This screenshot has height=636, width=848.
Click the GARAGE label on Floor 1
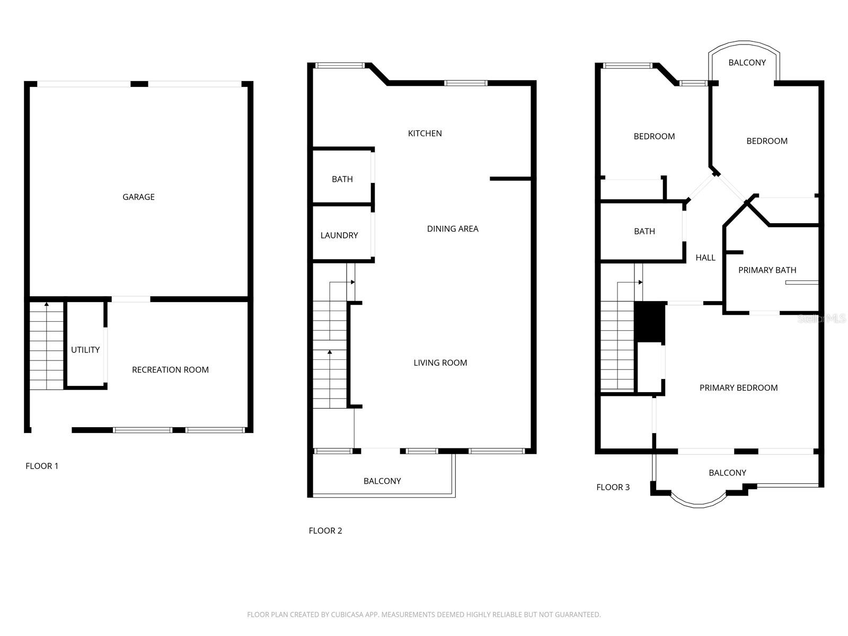click(x=138, y=197)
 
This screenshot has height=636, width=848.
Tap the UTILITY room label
click(x=85, y=350)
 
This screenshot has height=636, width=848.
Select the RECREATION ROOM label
click(x=170, y=370)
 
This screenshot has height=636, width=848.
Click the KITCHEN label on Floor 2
click(x=425, y=134)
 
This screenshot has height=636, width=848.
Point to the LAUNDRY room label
click(x=339, y=235)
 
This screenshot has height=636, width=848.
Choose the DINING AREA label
click(x=453, y=229)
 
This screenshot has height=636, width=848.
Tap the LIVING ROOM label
click(x=440, y=363)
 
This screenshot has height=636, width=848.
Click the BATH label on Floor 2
click(x=342, y=179)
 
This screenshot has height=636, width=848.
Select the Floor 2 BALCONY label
click(x=382, y=481)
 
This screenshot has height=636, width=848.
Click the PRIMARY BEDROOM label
click(x=738, y=388)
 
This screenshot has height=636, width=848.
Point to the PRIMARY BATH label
click(x=767, y=270)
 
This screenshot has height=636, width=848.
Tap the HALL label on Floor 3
click(x=705, y=258)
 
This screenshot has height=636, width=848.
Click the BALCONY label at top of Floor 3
click(x=747, y=63)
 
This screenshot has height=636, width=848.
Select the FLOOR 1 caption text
click(x=42, y=466)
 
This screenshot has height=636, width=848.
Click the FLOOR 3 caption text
click(x=613, y=487)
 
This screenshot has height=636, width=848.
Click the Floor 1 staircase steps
click(x=46, y=347)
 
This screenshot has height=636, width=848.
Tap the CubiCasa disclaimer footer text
click(x=423, y=615)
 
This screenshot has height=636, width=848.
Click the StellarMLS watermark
click(x=821, y=319)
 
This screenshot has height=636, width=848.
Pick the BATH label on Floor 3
click(x=644, y=232)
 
